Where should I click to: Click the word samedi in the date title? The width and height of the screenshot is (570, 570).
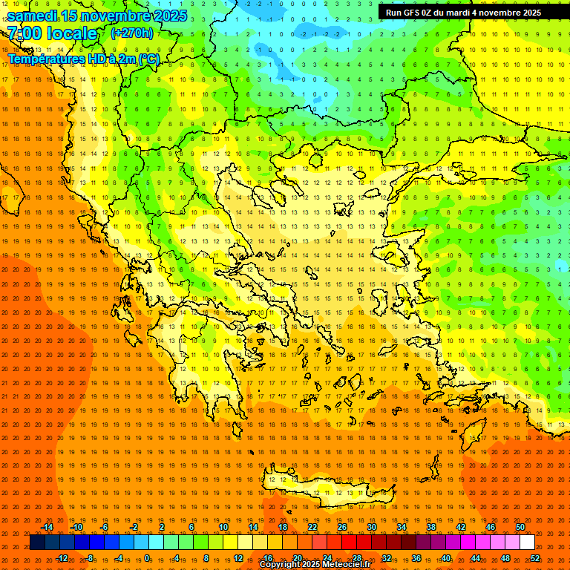tap(33, 16)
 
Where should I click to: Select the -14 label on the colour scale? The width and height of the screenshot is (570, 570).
tap(47, 527)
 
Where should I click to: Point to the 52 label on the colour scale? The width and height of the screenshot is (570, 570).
tap(536, 558)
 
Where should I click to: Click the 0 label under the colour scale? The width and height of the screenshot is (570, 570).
tap(147, 558)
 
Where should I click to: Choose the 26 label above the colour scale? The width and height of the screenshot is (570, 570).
tap(342, 527)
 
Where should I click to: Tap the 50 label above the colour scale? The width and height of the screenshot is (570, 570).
tap(520, 527)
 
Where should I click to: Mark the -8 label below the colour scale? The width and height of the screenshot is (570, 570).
tap(90, 558)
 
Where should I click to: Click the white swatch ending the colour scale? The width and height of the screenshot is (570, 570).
tap(528, 543)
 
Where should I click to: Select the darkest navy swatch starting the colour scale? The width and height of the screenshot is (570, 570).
tap(38, 543)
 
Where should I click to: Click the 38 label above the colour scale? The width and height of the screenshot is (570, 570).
tap(431, 527)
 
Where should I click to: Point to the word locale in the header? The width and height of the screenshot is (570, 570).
tap(71, 33)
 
